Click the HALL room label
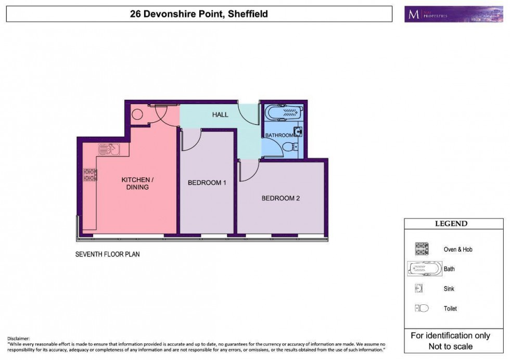click(220, 114)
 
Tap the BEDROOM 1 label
click(207, 183)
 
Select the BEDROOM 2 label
click(280, 198)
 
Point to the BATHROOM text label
click(279, 135)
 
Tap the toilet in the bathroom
click(296, 147)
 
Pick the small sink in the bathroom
click(298, 131)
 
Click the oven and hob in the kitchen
click(91, 175)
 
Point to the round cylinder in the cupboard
click(137, 115)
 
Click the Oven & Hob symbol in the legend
click(422, 249)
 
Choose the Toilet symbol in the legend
click(422, 308)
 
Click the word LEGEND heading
click(451, 224)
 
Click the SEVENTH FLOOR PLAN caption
click(108, 255)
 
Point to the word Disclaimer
click(19, 339)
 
